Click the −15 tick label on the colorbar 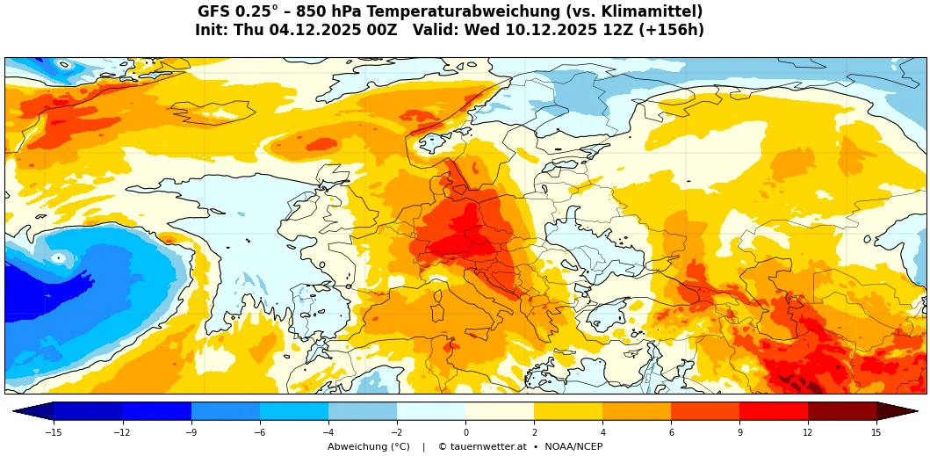(54, 432)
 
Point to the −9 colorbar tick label (191, 432)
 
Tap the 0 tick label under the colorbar (465, 432)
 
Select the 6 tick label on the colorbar (671, 432)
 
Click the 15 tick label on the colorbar (876, 432)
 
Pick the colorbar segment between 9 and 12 (774, 411)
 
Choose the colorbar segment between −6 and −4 (294, 411)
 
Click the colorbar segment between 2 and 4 (568, 411)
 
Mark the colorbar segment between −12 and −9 (157, 411)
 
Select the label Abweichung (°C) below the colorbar (369, 447)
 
